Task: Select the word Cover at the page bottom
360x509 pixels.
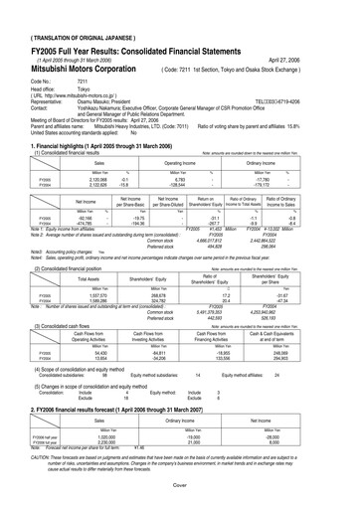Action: pos(180,502)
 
